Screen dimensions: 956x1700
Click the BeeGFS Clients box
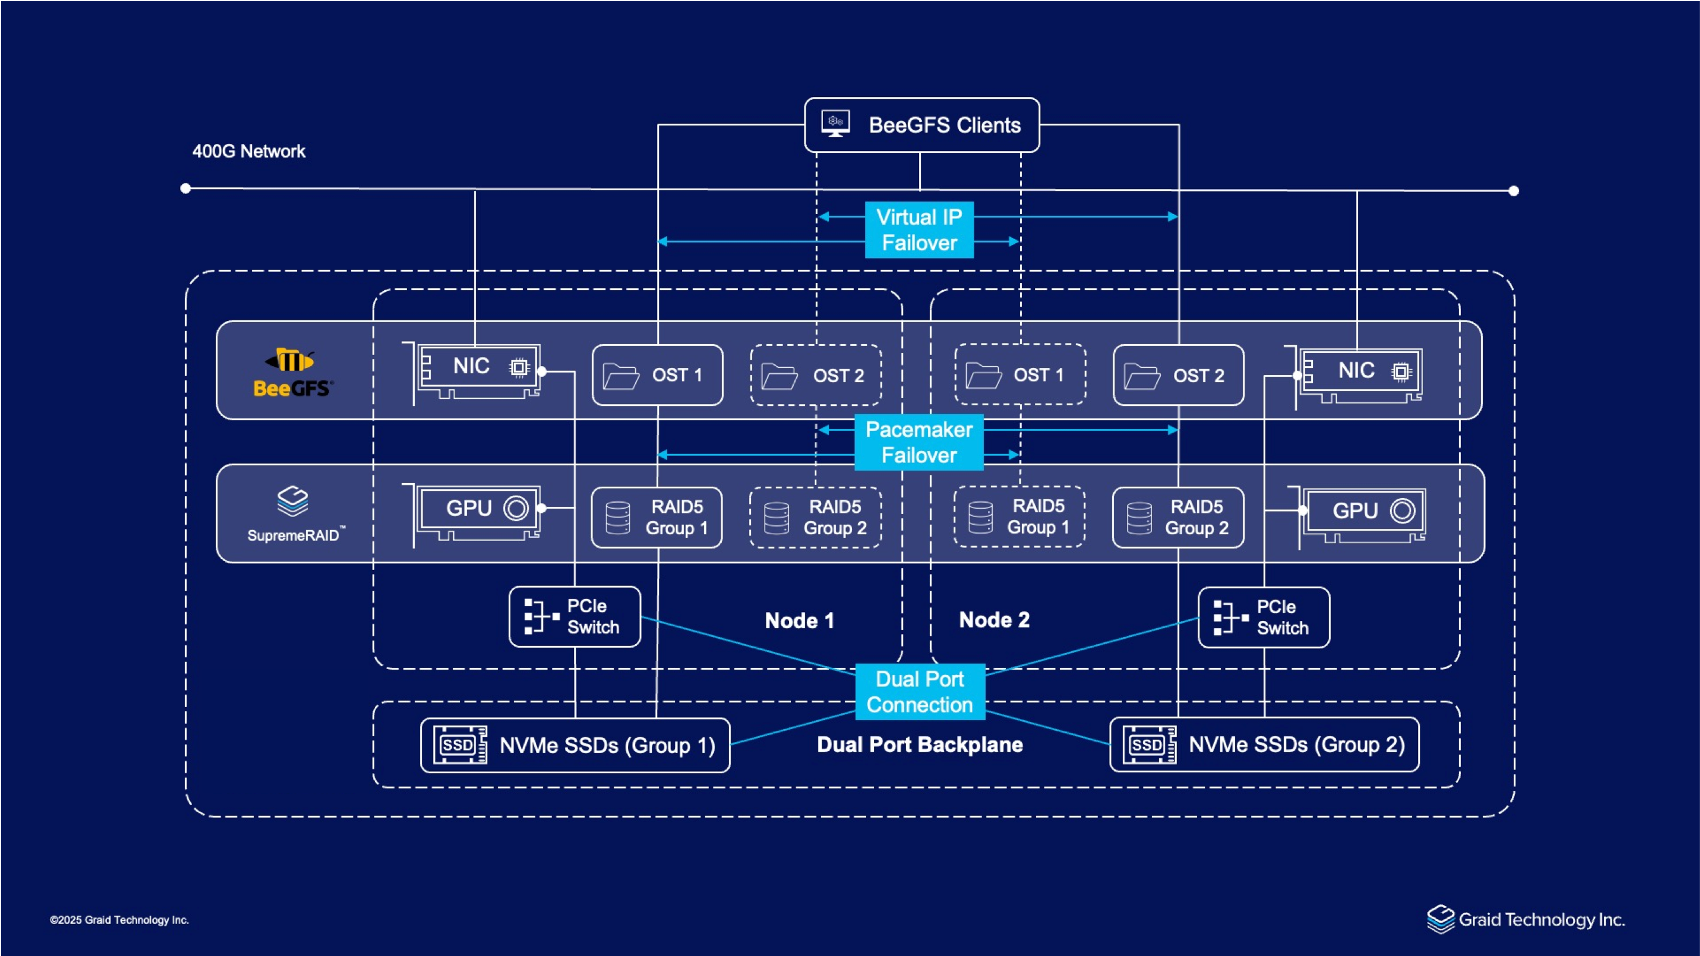pyautogui.click(x=921, y=125)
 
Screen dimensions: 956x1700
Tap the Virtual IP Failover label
pyautogui.click(x=919, y=230)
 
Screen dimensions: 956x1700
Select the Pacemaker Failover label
pyautogui.click(x=919, y=442)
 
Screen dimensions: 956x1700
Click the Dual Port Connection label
pyautogui.click(x=920, y=692)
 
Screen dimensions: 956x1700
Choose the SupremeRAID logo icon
pyautogui.click(x=292, y=501)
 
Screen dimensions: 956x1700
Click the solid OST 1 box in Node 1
pyautogui.click(x=657, y=375)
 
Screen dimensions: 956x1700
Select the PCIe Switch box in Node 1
pyautogui.click(x=575, y=617)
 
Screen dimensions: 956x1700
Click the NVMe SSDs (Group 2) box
pyautogui.click(x=1264, y=745)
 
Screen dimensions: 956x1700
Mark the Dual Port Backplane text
pyautogui.click(x=920, y=745)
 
